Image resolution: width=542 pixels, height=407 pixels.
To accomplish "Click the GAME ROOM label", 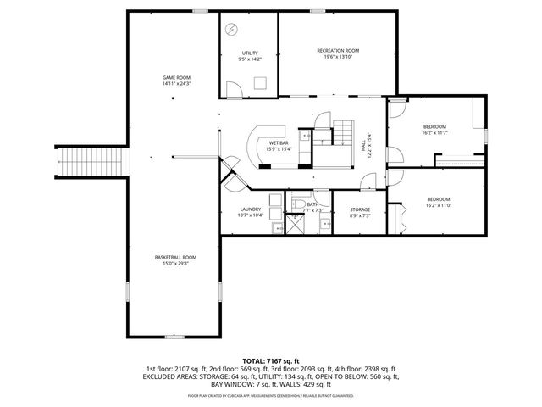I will pyautogui.click(x=176, y=77).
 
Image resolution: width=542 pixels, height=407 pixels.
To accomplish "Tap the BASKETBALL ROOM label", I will pyautogui.click(x=175, y=257).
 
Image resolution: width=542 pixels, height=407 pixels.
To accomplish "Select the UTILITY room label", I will pyautogui.click(x=250, y=53).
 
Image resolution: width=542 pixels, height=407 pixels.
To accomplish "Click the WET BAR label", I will pyautogui.click(x=279, y=142).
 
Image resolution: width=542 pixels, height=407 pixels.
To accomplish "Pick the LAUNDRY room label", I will pyautogui.click(x=250, y=209).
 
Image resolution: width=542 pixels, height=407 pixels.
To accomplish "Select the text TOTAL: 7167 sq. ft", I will pyautogui.click(x=270, y=360).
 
